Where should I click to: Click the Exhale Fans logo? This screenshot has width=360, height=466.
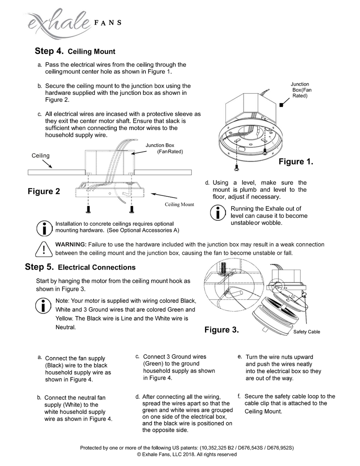tap(70, 24)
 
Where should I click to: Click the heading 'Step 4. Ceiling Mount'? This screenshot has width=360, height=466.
tap(75, 51)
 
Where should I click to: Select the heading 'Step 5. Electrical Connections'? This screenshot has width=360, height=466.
tap(80, 267)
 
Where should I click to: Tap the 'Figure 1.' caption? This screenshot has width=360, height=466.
tap(296, 162)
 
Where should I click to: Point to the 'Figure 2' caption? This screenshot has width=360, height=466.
tap(44, 191)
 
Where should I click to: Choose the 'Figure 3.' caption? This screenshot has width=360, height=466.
tap(222, 330)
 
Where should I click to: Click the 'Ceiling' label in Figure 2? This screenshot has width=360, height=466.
tap(41, 156)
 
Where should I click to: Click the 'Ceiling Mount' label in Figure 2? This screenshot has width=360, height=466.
tap(179, 205)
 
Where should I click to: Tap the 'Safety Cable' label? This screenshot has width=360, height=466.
tap(307, 332)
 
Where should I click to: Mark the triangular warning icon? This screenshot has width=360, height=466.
tap(43, 249)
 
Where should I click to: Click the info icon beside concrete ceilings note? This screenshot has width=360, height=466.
tap(43, 227)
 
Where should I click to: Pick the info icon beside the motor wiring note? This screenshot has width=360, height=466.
tap(43, 305)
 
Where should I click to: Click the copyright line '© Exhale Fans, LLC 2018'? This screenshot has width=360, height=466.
tap(187, 454)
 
